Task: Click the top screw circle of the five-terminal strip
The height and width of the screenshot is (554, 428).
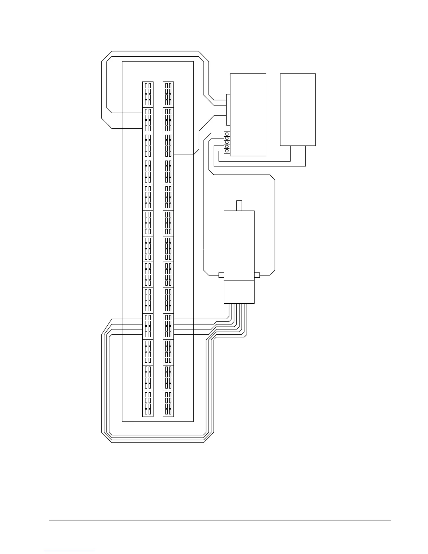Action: point(227,134)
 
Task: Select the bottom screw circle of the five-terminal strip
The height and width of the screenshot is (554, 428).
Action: point(227,151)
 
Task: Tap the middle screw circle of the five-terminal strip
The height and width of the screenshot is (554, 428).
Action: point(227,142)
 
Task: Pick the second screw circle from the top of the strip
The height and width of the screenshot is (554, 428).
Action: point(227,138)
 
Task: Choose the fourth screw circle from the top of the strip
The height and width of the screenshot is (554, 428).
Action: point(227,147)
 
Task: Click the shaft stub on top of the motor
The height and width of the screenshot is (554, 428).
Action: point(239,205)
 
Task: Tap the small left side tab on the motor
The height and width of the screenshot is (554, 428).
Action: point(221,275)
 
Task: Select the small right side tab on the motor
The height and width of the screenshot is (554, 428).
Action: point(257,275)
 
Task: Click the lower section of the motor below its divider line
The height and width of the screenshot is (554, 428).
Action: point(239,292)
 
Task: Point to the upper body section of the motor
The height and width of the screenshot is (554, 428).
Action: point(239,245)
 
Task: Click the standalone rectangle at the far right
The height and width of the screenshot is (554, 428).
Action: point(298,109)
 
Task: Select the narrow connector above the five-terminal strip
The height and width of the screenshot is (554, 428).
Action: point(228,109)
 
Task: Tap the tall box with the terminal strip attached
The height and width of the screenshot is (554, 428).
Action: point(248,115)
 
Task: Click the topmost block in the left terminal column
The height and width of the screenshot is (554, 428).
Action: point(148,94)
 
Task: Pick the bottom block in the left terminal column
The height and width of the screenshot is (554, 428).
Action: point(148,404)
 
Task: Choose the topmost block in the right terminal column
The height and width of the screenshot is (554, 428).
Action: point(169,94)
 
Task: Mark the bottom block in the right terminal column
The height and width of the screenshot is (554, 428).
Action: point(169,404)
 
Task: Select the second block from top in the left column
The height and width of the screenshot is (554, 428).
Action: point(148,120)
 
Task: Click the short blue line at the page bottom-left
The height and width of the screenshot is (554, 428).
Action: point(69,551)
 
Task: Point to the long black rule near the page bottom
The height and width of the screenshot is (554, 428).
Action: point(220,520)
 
